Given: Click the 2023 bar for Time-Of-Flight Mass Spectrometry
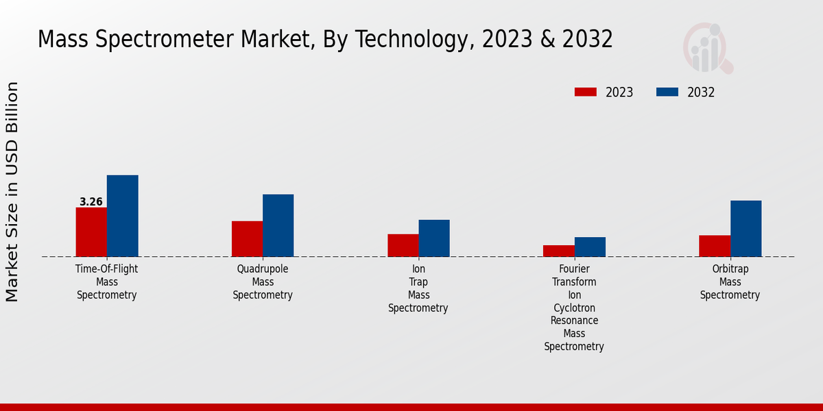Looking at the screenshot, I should click(x=91, y=232).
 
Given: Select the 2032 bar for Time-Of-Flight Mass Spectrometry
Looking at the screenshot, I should click(x=122, y=216).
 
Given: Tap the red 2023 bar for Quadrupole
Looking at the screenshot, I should click(x=247, y=239).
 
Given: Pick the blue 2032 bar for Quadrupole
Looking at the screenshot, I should click(x=278, y=225).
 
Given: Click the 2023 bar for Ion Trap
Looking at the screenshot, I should click(x=403, y=245).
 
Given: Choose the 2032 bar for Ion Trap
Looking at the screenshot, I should click(x=434, y=238).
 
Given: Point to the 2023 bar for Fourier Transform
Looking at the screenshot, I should click(x=558, y=251).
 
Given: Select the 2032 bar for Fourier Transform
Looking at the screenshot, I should click(x=590, y=247).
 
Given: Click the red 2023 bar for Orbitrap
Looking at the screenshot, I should click(x=714, y=246).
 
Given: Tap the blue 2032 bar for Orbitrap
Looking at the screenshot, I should click(x=746, y=229).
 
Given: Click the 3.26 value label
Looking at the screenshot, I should click(x=91, y=202).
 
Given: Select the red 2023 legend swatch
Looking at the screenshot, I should click(x=586, y=92).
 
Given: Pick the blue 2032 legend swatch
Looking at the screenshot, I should click(x=667, y=92).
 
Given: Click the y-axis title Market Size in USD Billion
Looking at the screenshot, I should click(x=12, y=192).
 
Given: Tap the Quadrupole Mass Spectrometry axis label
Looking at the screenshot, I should click(x=263, y=282).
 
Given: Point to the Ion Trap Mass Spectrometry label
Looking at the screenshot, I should click(x=418, y=288).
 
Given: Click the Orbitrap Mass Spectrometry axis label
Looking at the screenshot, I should click(x=730, y=282).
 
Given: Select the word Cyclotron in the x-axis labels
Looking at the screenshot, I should click(x=574, y=308).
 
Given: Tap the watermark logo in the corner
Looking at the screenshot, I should click(x=707, y=48).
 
